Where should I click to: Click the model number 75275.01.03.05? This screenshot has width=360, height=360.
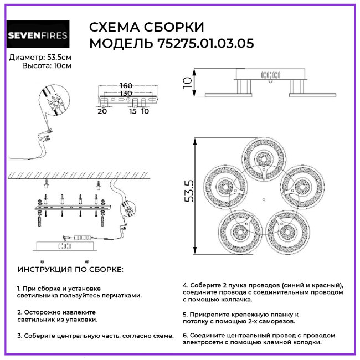pos(205,43)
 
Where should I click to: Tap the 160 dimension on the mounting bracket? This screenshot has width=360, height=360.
pos(126,85)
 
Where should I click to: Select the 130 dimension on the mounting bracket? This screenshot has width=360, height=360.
pos(126,93)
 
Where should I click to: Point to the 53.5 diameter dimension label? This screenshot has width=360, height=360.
pos(189,191)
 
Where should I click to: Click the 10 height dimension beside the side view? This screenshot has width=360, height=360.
pos(187,83)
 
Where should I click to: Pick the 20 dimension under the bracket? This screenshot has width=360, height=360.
pos(102,111)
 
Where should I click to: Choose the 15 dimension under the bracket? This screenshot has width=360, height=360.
pos(133,111)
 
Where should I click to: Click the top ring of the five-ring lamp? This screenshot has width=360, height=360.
pos(264,139)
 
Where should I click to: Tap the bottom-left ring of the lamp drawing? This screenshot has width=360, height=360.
pos(240,212)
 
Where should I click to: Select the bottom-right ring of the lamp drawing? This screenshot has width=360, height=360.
pos(287,212)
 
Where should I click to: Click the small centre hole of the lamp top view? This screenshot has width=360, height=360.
pos(264,200)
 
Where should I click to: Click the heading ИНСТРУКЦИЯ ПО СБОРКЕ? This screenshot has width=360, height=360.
pos(70,269)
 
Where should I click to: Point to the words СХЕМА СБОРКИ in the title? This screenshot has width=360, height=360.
pos(146,27)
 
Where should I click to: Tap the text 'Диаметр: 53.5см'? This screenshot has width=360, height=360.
pos(40,58)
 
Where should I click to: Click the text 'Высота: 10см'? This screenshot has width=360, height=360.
pos(47,66)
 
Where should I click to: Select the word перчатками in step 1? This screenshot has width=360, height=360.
pos(122,296)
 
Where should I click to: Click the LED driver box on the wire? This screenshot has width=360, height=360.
pos(83,238)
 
